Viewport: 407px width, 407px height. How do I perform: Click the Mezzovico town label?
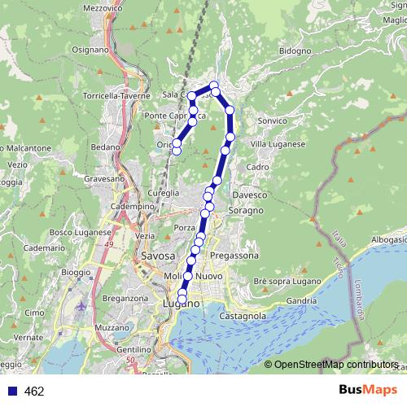click(102, 8)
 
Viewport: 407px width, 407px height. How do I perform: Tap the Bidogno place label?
click(295, 50)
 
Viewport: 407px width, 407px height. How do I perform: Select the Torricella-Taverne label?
click(117, 96)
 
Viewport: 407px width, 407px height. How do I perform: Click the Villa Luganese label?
click(278, 144)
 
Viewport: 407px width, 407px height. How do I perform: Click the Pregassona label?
click(234, 256)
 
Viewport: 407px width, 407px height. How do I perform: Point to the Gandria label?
click(301, 300)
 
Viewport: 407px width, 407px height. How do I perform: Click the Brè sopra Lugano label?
click(282, 281)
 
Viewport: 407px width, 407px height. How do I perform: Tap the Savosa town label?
click(158, 256)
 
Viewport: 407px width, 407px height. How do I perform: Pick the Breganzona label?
click(124, 299)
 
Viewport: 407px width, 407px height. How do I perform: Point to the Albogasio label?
click(388, 241)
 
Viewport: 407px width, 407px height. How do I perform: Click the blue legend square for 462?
click(10, 392)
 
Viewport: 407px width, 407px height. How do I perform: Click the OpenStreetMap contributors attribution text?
click(335, 365)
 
